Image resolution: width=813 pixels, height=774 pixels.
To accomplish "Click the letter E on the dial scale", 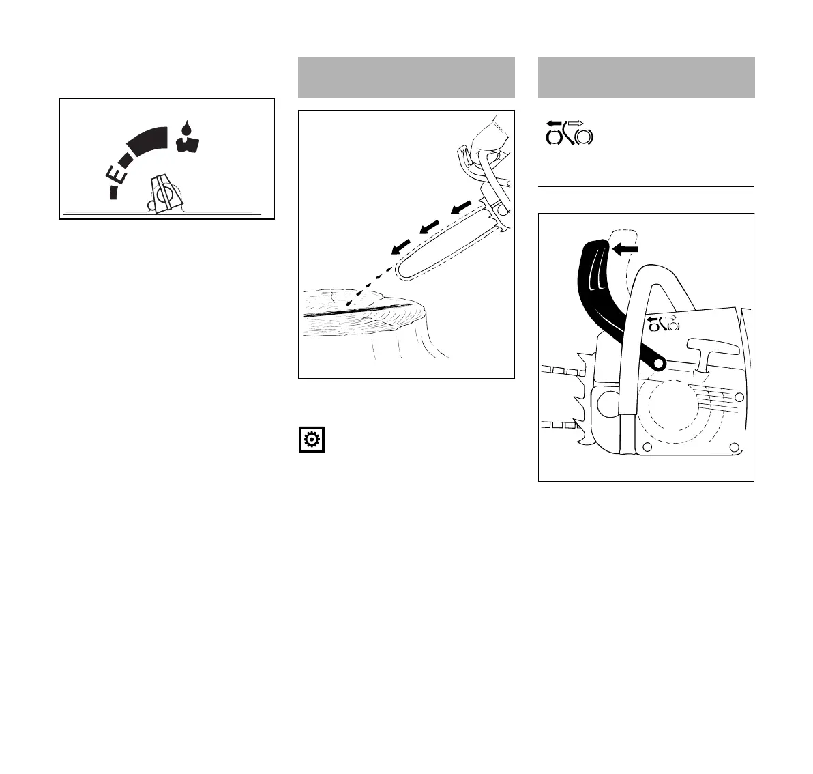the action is coord(117,174).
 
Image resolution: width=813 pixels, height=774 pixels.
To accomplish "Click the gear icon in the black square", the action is coord(312,440).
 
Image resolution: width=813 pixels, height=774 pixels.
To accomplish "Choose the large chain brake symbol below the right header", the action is coord(569,133).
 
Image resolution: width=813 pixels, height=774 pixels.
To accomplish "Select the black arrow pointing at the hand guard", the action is coord(625,249).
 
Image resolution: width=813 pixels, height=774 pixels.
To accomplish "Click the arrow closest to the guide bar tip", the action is coord(401,246).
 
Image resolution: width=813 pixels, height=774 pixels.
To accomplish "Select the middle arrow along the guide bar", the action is coord(429,227).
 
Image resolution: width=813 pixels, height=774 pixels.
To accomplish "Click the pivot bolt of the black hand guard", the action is coord(658,364).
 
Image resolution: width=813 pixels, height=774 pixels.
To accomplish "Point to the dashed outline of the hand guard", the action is coord(625,259).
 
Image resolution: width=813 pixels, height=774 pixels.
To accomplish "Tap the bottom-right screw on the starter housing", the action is coord(734,447).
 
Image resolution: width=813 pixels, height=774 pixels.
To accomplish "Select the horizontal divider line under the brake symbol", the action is coord(646,186).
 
